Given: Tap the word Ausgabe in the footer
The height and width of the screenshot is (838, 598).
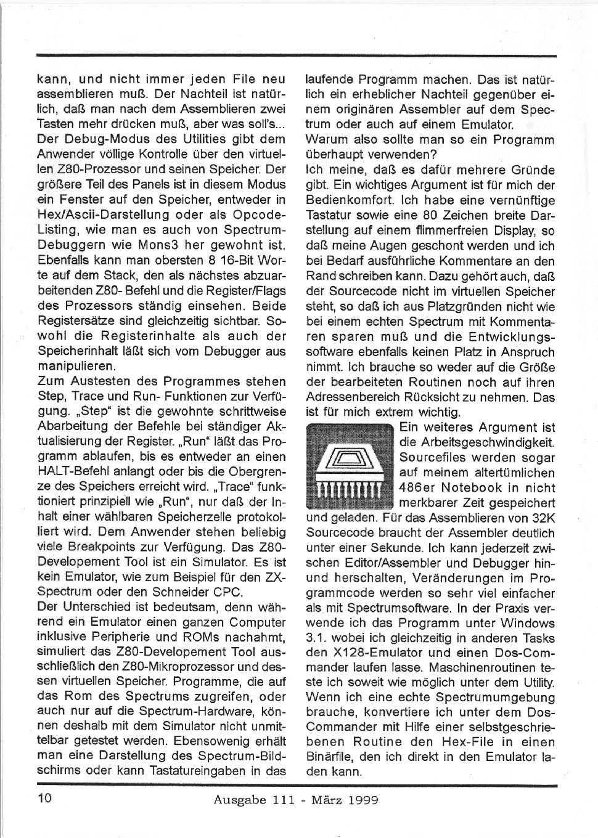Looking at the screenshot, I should tap(237, 800).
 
